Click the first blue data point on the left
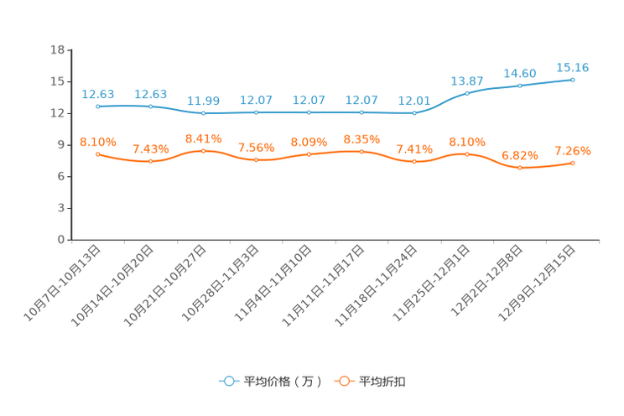98,107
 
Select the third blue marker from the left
204,113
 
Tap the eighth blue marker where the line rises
467,93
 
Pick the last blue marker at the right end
572,80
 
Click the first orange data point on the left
98,154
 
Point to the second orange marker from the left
151,161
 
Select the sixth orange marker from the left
361,151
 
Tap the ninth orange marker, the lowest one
520,168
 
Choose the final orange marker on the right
572,163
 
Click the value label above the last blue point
573,66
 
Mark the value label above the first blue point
98,93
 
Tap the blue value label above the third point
204,101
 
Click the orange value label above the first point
98,142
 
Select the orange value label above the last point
573,151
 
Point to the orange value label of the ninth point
520,155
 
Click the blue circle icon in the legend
227,381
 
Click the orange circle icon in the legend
342,381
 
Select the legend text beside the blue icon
282,382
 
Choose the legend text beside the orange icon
383,382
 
